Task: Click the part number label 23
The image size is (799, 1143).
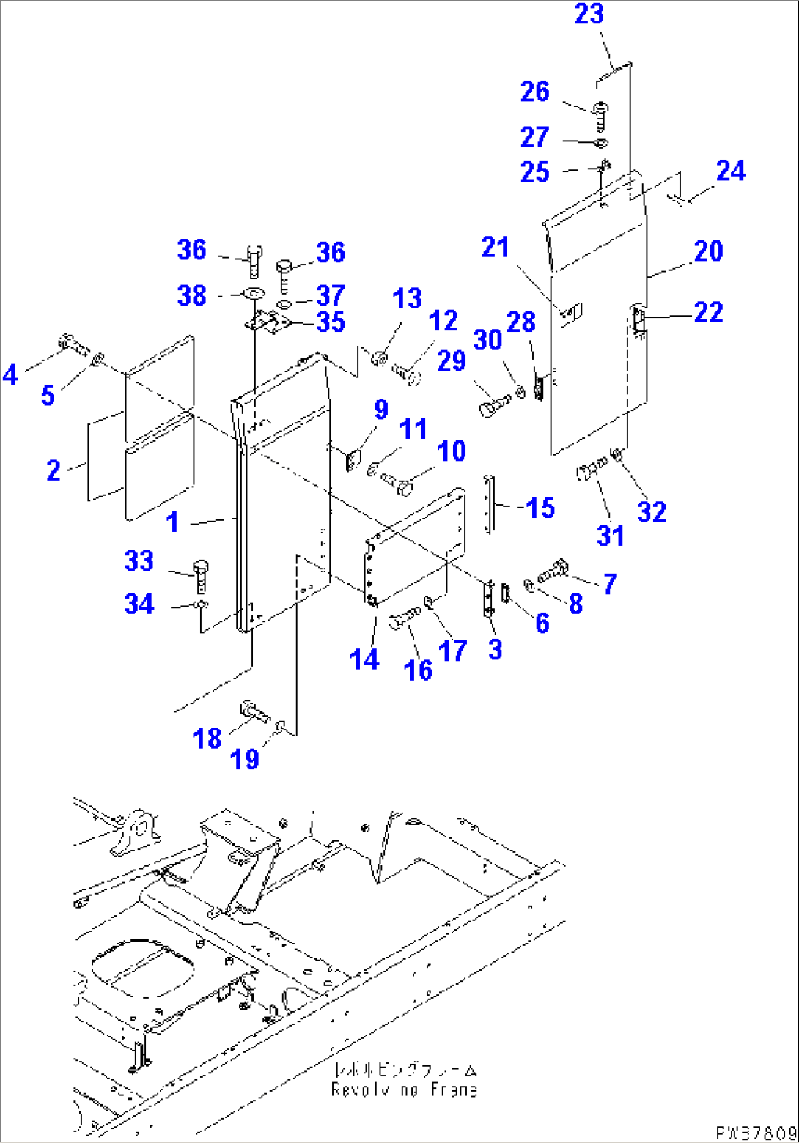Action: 589,15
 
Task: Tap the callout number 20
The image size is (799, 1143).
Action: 708,251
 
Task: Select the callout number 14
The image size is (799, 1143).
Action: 364,659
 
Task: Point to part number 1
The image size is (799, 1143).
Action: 173,522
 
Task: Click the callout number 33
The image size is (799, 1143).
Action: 139,562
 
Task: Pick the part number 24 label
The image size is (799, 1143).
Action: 731,171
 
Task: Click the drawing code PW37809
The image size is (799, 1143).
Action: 756,1132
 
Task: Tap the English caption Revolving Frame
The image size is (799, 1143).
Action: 404,1090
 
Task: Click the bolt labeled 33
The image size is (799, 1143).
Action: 199,575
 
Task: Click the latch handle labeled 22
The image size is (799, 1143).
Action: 638,321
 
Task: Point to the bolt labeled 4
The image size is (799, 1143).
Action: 71,341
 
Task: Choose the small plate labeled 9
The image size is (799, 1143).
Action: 351,459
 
